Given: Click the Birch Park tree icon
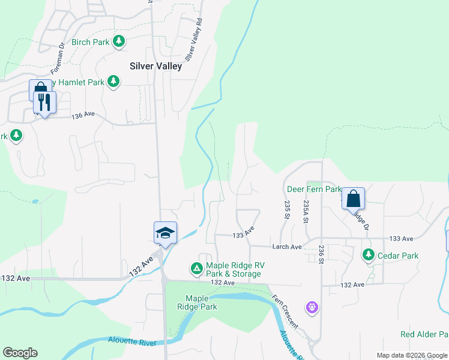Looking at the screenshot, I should point(120,41).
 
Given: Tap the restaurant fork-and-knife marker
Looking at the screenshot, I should point(45,103).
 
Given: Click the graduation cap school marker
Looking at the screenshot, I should point(165,233).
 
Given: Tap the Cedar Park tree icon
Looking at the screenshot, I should point(369,255).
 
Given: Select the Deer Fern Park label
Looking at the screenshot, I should point(313,189).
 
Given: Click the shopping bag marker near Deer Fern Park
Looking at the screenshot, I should point(354,199).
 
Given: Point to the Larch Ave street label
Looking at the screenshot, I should point(287,247).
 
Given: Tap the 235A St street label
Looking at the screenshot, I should point(306,212).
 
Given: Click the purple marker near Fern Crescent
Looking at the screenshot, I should point(312,308).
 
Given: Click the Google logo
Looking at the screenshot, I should point(20,353).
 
